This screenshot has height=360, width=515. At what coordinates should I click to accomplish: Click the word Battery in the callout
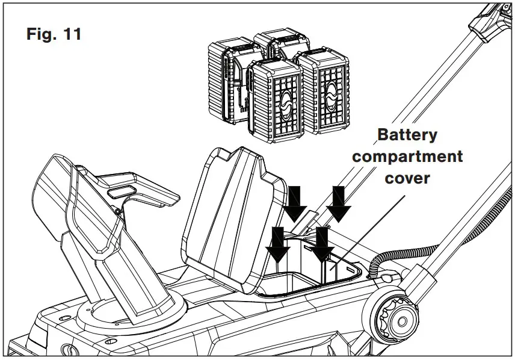[x=407, y=135]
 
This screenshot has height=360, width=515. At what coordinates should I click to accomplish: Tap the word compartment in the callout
[x=407, y=157]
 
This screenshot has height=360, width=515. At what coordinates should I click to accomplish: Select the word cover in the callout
[x=407, y=179]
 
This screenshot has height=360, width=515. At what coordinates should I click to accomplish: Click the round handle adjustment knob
[x=390, y=312]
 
